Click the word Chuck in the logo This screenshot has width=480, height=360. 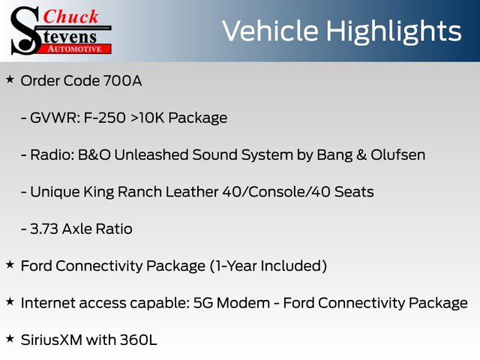70,16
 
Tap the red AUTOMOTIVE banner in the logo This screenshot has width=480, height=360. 74,49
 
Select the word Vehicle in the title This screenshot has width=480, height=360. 270,31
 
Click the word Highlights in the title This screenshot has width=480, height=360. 393,31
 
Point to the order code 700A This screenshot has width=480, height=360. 122,81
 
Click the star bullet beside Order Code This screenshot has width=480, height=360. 10,79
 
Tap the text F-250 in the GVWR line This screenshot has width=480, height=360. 104,118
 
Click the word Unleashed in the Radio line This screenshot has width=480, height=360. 151,155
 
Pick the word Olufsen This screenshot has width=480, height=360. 398,155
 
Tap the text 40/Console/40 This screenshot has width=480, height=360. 276,192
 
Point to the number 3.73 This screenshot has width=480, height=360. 44,229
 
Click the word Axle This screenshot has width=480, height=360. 76,229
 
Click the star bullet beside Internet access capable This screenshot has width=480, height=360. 10,301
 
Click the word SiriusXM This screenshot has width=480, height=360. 52,340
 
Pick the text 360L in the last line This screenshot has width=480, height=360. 138,340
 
